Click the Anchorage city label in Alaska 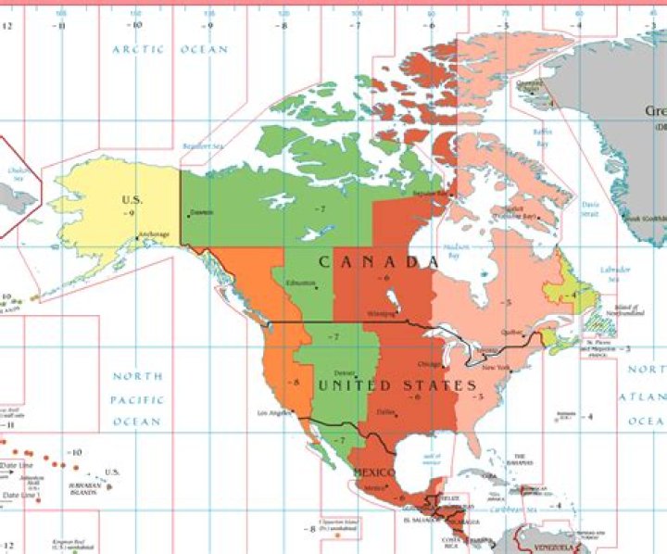click(x=154, y=233)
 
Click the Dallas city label click(x=387, y=410)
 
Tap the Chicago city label click(x=430, y=363)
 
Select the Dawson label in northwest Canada click(x=201, y=212)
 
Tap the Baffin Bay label click(x=543, y=137)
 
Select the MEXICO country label click(x=373, y=472)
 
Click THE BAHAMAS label click(x=521, y=460)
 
